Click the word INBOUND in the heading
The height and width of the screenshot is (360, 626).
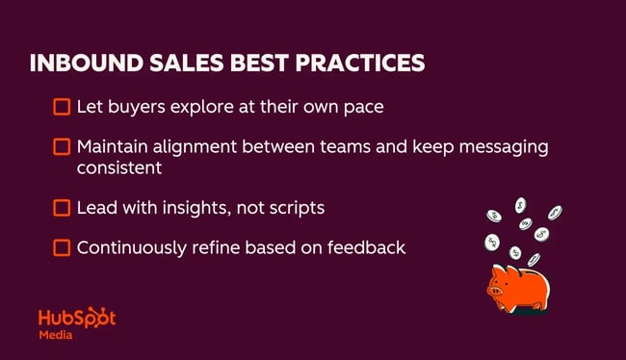tap(81, 64)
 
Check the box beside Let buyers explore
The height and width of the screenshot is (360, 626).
tap(62, 107)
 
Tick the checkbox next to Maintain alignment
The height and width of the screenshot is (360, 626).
tap(62, 147)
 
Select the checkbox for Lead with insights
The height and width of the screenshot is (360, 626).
tap(62, 207)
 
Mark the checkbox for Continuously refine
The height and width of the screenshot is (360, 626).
tap(62, 247)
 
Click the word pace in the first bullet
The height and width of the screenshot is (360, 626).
tap(363, 107)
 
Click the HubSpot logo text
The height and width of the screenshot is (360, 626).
tap(76, 319)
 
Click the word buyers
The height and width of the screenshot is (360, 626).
tap(131, 107)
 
